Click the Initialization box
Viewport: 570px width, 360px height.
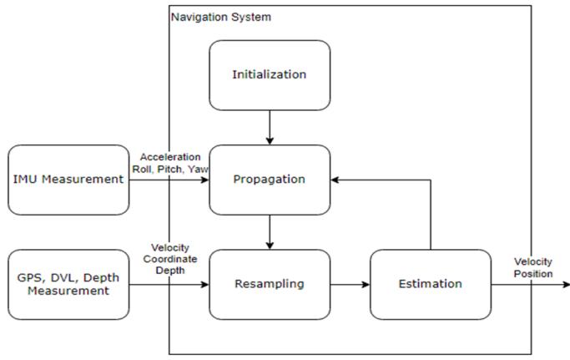coord(270,75)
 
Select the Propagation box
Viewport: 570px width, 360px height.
coord(270,180)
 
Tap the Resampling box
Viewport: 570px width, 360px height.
coord(270,284)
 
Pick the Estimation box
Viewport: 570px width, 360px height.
coord(431,284)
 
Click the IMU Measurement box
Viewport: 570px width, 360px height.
coord(68,180)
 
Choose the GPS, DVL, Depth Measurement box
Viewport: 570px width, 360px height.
coord(68,284)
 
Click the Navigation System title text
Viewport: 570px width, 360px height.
coord(221,17)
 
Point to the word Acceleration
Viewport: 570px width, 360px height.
coord(170,157)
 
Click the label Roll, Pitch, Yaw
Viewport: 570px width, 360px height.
coord(170,169)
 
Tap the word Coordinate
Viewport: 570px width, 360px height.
coord(170,259)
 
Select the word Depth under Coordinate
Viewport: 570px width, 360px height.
coord(170,271)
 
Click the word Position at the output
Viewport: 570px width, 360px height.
coord(533,273)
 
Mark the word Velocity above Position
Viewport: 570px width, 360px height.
coord(533,261)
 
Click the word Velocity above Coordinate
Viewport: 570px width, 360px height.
coord(170,247)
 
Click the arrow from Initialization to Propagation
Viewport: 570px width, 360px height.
coord(270,128)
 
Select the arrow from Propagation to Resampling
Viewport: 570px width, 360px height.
coord(270,232)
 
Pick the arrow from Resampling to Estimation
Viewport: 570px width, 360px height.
coord(350,284)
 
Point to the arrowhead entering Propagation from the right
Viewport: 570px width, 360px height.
coord(335,180)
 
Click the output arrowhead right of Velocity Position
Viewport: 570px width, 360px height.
coord(566,284)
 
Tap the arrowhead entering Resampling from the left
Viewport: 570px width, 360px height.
coord(205,284)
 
